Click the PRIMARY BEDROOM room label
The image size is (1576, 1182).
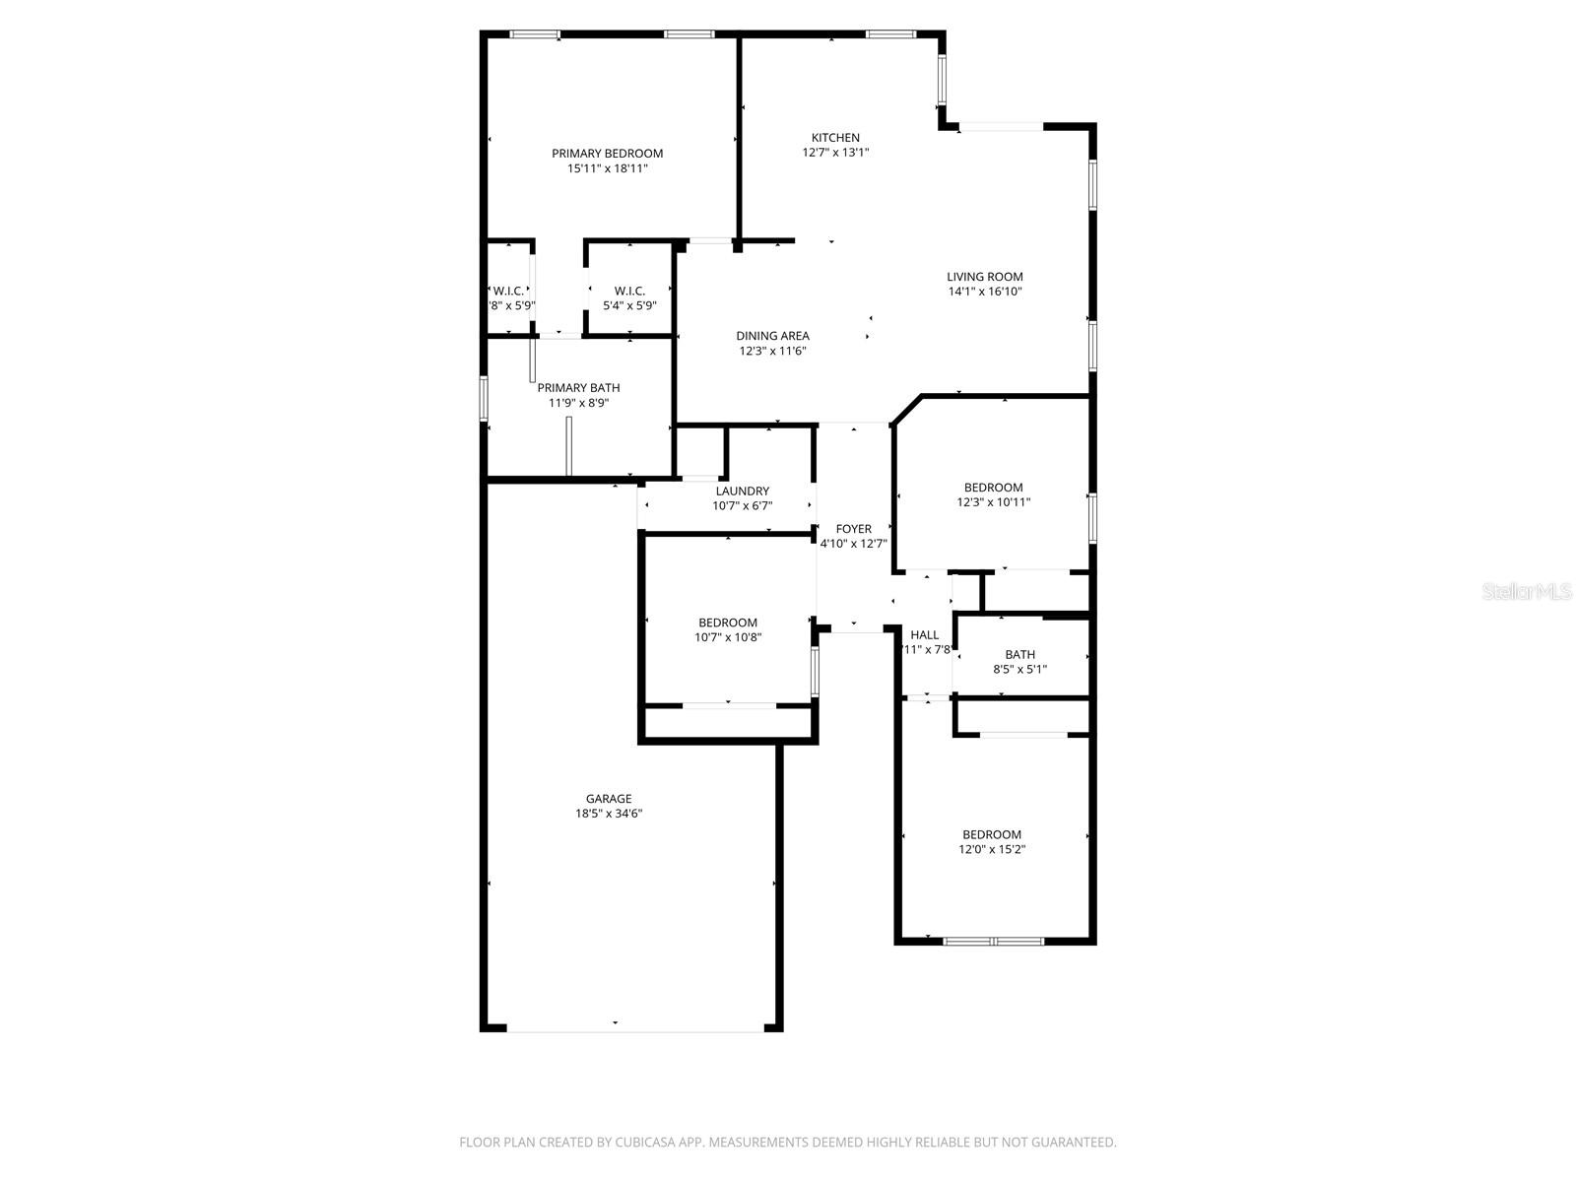pyautogui.click(x=607, y=153)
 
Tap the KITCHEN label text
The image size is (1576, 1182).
pyautogui.click(x=835, y=137)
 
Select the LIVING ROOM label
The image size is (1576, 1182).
pyautogui.click(x=985, y=277)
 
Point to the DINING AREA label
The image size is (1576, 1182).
pyautogui.click(x=772, y=336)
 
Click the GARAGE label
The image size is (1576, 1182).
pyautogui.click(x=609, y=799)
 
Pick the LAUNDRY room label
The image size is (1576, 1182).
pyautogui.click(x=742, y=491)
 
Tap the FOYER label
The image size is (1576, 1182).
pyautogui.click(x=853, y=529)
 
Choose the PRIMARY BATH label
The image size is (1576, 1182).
pyautogui.click(x=578, y=388)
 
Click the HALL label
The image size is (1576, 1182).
pyautogui.click(x=925, y=635)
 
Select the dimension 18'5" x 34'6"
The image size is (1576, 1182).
pyautogui.click(x=609, y=814)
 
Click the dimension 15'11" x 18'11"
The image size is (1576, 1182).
pyautogui.click(x=607, y=168)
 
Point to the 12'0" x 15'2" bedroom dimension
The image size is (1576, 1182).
pyautogui.click(x=992, y=849)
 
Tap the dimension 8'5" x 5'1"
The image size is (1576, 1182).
pyautogui.click(x=1019, y=670)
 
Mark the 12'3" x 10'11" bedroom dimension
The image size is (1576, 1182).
pyautogui.click(x=993, y=502)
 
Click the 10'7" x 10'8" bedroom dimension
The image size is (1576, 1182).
pyautogui.click(x=728, y=637)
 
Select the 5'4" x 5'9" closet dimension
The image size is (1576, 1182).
pyautogui.click(x=629, y=305)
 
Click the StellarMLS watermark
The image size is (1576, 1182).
pyautogui.click(x=1528, y=592)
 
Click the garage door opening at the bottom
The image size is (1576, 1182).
pyautogui.click(x=634, y=1031)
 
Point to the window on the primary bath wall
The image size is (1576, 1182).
pyautogui.click(x=484, y=398)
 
